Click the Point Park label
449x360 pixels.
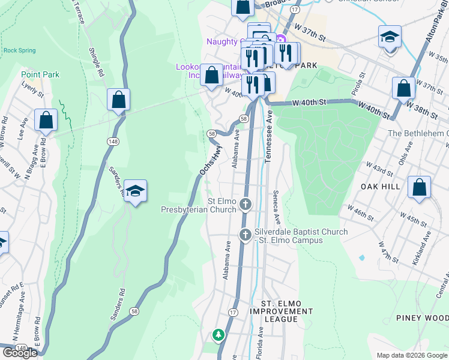coord(40,74)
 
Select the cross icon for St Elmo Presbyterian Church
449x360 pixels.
coord(246,205)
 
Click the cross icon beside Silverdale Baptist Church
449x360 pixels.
coord(245,235)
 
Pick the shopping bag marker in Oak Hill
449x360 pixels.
coord(419,187)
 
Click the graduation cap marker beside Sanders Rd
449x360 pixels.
coord(136,191)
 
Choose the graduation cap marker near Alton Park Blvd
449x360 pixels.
coord(390,37)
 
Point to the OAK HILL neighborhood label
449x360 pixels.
coord(381,187)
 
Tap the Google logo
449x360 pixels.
coord(20,353)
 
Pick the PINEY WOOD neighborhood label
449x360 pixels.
coord(422,317)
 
